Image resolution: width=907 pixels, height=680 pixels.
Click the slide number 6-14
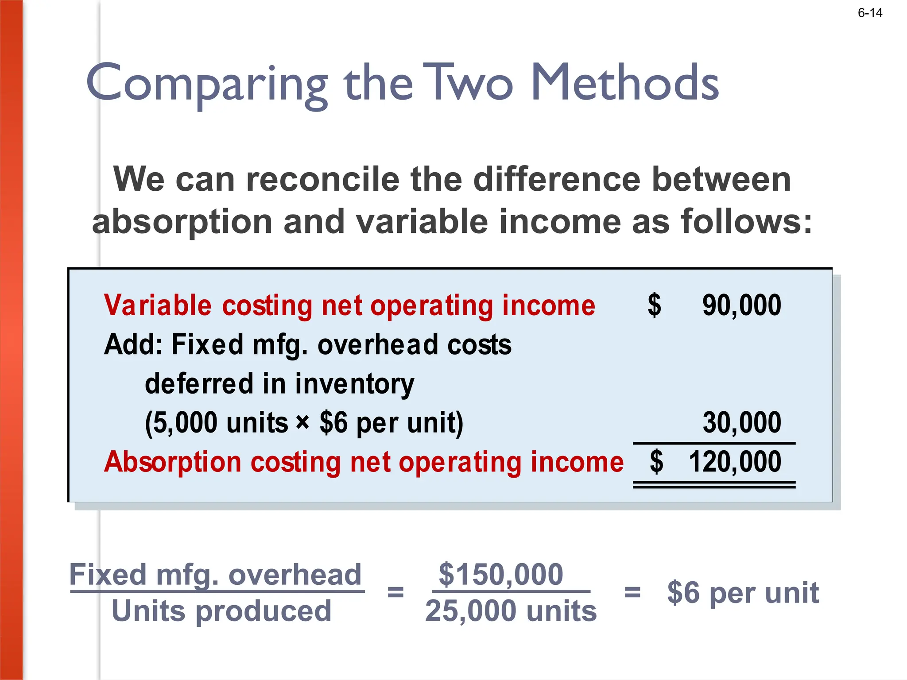870,13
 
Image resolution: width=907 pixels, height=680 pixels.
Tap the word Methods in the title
624,82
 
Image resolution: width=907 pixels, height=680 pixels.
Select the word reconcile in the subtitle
322,179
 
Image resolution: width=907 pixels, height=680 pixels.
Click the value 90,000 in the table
742,305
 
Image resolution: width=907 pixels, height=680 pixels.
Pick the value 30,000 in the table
742,422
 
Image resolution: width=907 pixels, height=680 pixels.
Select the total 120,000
735,462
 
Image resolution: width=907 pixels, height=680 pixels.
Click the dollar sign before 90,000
655,305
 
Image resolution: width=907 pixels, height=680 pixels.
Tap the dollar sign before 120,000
656,462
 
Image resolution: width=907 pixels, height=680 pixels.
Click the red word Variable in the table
158,305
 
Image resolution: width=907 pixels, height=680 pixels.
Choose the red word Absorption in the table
173,462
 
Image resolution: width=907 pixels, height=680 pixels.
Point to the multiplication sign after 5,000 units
302,422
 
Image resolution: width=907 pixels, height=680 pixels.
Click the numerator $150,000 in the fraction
500,574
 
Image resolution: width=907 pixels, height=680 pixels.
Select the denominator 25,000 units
511,611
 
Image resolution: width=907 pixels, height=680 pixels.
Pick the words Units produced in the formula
221,611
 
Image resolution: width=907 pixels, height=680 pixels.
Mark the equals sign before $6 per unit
632,592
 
